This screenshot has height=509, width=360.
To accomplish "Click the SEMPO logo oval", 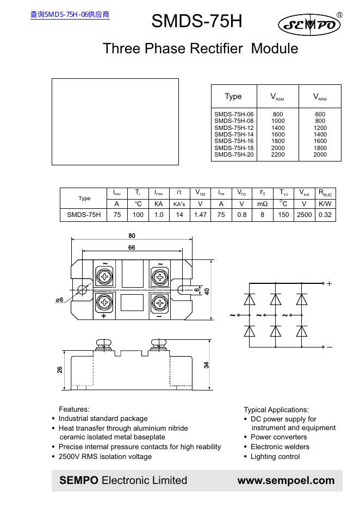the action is coord(309,24).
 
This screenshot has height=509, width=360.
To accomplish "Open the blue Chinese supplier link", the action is coord(70,15).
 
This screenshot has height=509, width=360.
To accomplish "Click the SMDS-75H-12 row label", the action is coord(234,128).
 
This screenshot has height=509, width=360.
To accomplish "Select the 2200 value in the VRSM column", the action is coord(278,154).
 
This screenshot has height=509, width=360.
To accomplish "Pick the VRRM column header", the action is coord(320,97).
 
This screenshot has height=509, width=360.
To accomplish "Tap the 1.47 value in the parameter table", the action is coord(200,215).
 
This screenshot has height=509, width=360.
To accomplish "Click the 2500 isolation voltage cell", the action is coord(304,215).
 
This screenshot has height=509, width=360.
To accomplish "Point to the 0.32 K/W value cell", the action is coord(325,215).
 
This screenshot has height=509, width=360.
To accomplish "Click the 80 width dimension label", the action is coord(132,235).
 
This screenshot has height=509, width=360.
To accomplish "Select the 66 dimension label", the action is coord(132,247).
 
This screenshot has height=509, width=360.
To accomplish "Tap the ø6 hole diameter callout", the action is coord(59,300).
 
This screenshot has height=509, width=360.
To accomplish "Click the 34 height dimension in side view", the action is coord(207,365).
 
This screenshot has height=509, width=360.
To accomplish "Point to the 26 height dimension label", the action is coord(60,369).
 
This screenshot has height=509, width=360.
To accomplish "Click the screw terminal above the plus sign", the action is coord(104,302).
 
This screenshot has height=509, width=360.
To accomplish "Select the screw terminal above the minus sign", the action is coord(159,303).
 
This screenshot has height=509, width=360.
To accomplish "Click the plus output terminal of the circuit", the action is coord(324,283).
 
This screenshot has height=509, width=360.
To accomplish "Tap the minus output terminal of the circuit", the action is coord(324,347).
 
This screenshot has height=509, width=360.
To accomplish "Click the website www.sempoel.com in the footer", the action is coord(286,480).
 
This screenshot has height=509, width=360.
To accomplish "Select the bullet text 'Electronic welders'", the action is coord(280,446).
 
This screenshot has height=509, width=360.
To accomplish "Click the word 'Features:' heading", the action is coord(74,409).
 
